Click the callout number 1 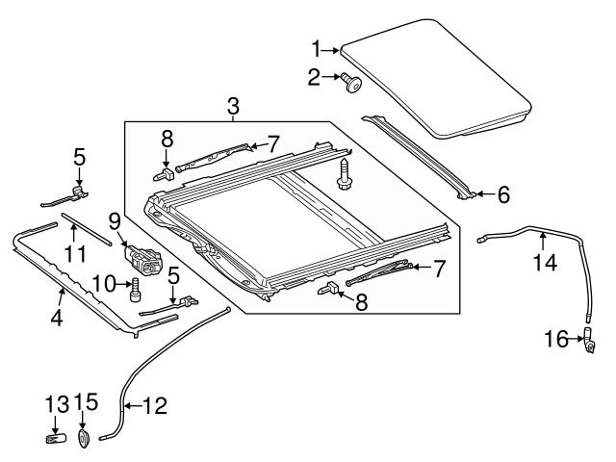click(x=316, y=48)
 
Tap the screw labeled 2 click(x=351, y=83)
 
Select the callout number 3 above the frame click(x=232, y=107)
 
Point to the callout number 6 click(x=501, y=194)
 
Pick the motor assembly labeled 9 click(x=142, y=257)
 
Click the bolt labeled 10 click(x=135, y=290)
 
